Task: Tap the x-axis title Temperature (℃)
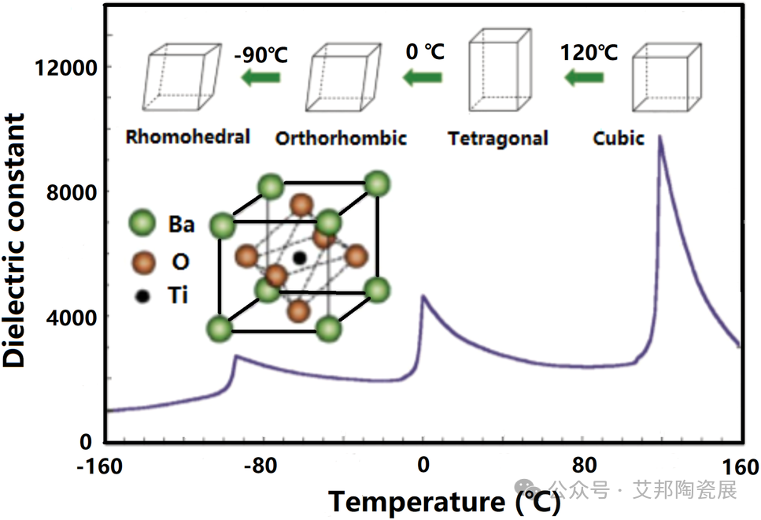coord(445,501)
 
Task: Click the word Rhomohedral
coord(188,137)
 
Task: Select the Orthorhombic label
coord(341,139)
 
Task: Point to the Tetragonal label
coord(497,139)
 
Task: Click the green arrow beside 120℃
coord(585,77)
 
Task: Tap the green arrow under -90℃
coord(261,77)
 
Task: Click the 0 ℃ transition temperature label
coord(425,53)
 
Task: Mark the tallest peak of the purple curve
coord(660,137)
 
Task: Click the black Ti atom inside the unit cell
coord(299,258)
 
